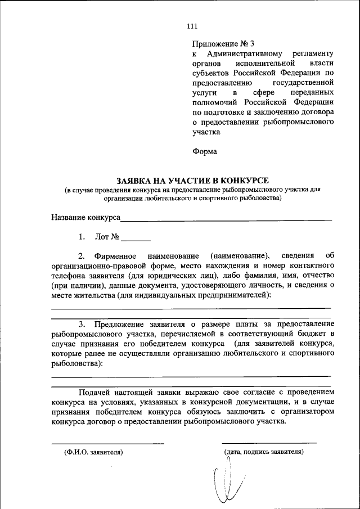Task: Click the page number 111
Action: click(x=192, y=25)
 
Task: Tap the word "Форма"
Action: click(x=205, y=151)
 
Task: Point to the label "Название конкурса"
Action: click(x=85, y=217)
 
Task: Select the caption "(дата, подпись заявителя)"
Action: click(x=264, y=451)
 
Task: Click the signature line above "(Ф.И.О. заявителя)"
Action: click(x=108, y=443)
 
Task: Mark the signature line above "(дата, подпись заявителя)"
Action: click(x=269, y=443)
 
